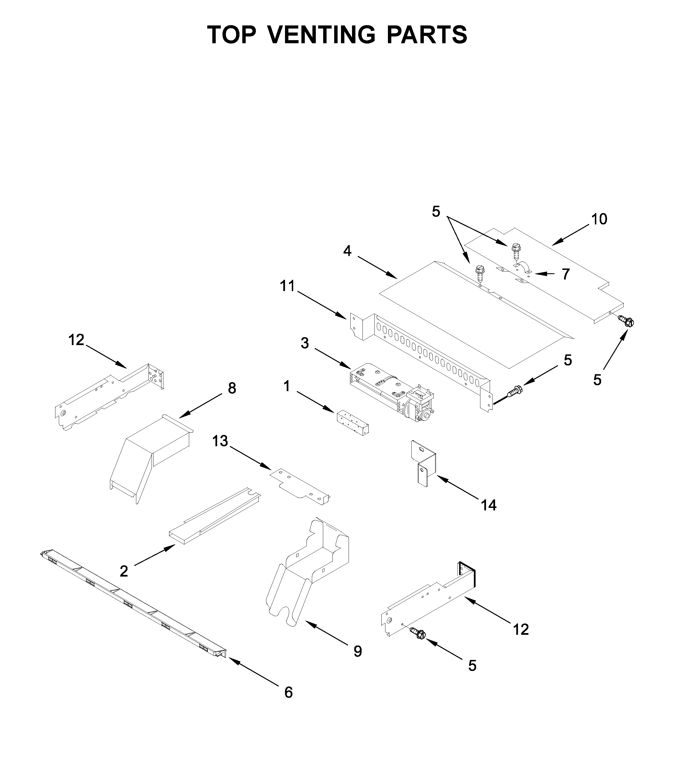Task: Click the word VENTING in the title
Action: [322, 35]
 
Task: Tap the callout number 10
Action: [599, 219]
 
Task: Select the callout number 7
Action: [565, 274]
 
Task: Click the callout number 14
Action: [489, 505]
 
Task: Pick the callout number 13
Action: [220, 441]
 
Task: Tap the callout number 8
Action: [232, 388]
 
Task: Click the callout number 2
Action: [124, 571]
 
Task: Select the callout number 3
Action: [305, 343]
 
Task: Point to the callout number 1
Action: [287, 386]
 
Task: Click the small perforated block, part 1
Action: [352, 423]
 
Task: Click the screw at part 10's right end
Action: [626, 321]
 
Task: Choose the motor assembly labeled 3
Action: [392, 392]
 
